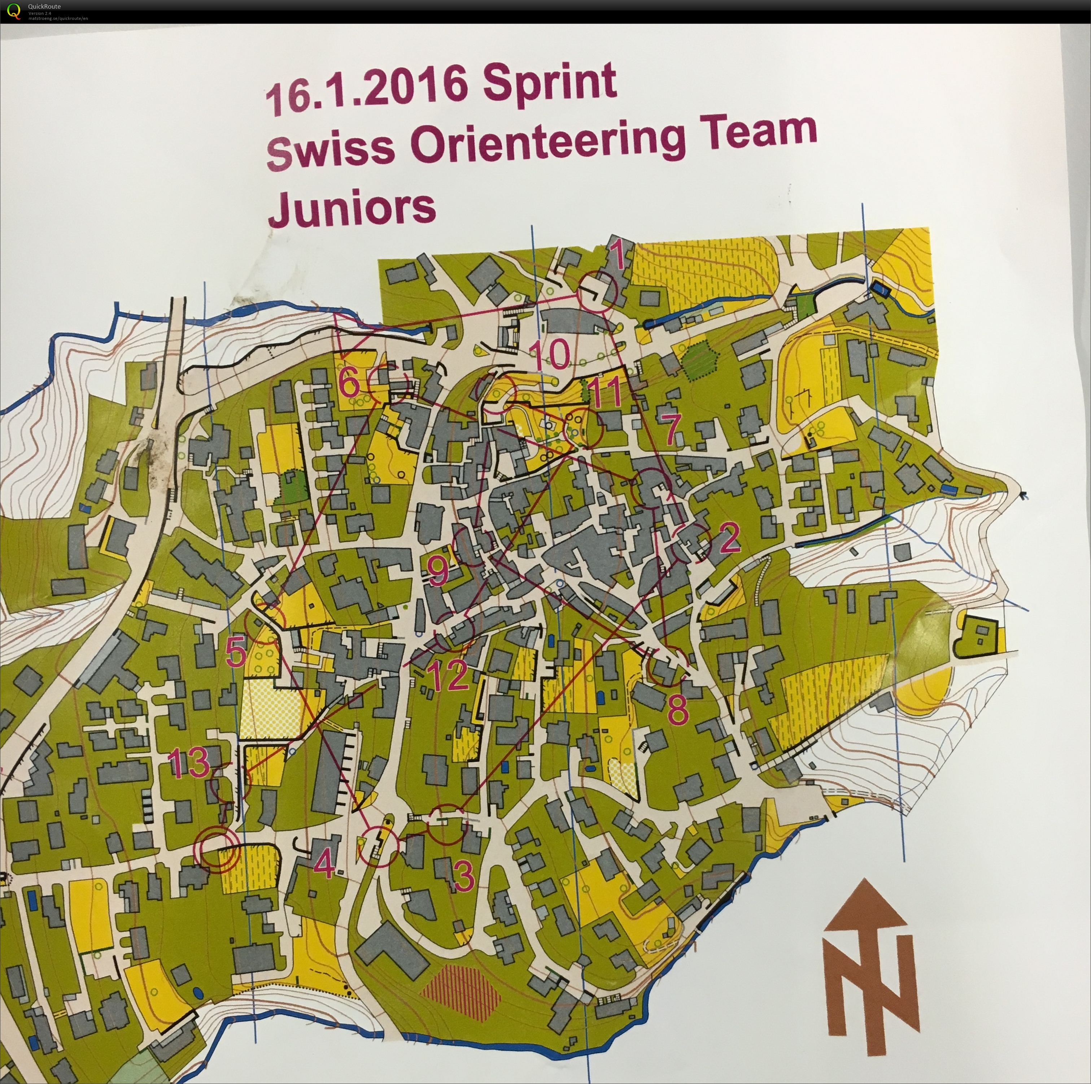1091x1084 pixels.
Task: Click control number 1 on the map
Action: [618, 255]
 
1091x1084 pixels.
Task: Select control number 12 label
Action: [448, 675]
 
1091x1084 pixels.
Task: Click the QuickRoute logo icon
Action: [12, 11]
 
